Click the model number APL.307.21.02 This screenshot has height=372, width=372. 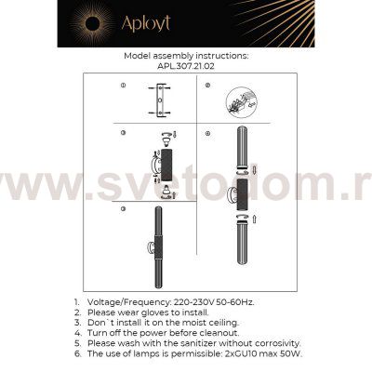coord(185,66)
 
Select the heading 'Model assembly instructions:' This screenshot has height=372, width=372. coord(185,56)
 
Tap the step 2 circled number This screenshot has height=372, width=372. coord(210,86)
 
